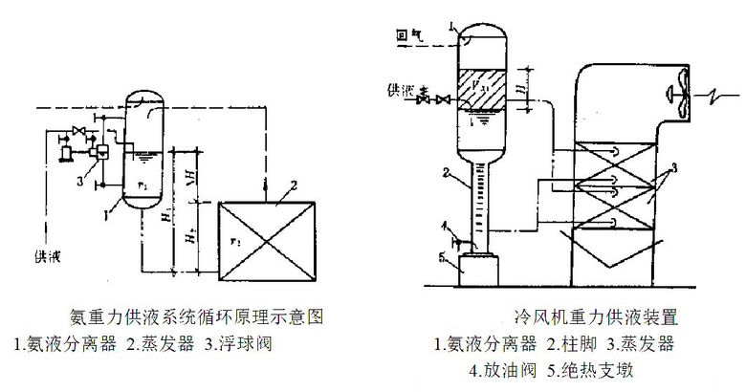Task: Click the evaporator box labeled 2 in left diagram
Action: click(x=267, y=239)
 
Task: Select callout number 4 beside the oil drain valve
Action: click(x=446, y=226)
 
